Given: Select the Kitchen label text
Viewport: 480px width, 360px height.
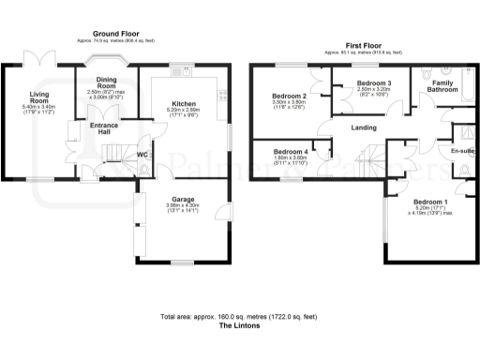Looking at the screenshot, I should click(184, 103).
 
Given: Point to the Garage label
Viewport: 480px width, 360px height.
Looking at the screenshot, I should click(184, 198).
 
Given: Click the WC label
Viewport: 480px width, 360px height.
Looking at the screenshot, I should click(142, 154).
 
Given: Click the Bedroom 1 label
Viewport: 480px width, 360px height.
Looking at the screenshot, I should click(430, 203).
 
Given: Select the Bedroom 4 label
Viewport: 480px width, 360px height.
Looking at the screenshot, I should click(289, 152).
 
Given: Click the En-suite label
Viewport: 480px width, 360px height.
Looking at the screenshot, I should click(462, 150).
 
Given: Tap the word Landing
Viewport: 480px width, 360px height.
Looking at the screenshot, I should click(364, 128).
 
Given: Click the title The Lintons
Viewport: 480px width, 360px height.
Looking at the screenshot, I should click(238, 327).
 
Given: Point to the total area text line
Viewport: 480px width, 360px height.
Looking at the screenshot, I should click(238, 318).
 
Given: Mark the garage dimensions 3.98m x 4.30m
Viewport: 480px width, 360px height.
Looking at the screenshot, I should click(184, 208).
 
